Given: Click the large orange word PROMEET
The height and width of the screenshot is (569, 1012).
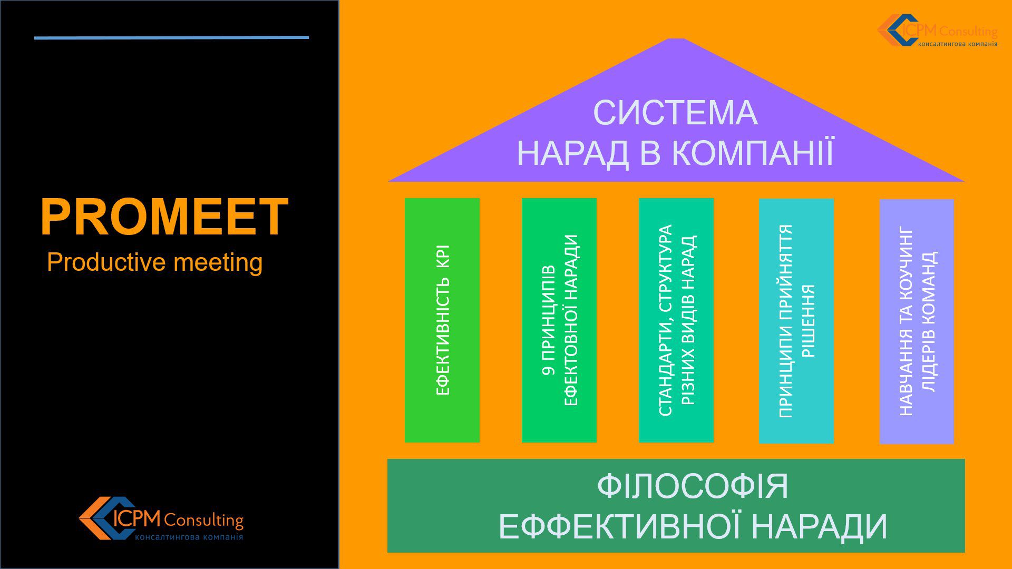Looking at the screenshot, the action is pyautogui.click(x=164, y=217).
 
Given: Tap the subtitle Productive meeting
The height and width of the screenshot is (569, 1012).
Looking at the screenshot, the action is pyautogui.click(x=154, y=262).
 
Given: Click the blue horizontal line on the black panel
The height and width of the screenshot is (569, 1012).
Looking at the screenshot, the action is pyautogui.click(x=171, y=37).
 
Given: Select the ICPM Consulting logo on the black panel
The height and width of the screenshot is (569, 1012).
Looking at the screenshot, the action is pyautogui.click(x=161, y=519).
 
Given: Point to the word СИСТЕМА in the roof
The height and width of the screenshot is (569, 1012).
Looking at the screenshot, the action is pyautogui.click(x=675, y=113).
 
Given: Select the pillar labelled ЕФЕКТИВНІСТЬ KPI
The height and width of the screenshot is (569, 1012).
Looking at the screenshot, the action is pyautogui.click(x=442, y=320).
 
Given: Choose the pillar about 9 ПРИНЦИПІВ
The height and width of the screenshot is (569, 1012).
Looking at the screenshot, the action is pyautogui.click(x=559, y=320).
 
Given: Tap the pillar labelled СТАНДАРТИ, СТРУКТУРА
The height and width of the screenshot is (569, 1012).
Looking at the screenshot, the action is pyautogui.click(x=676, y=320).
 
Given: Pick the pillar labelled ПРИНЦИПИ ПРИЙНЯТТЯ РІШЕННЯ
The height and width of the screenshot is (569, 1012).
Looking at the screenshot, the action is pyautogui.click(x=796, y=321).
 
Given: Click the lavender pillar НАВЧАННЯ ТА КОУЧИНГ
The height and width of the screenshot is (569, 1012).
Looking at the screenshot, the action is pyautogui.click(x=917, y=321).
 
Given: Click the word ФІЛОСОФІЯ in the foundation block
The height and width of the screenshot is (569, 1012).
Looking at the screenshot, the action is pyautogui.click(x=693, y=486).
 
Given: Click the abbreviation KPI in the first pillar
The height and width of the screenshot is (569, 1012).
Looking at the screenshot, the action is pyautogui.click(x=443, y=256).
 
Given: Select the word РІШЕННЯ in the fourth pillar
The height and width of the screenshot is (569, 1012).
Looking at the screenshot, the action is pyautogui.click(x=808, y=321).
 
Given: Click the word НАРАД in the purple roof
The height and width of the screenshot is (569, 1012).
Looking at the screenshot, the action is pyautogui.click(x=573, y=153).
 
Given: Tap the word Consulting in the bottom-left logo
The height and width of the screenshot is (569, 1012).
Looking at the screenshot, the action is pyautogui.click(x=203, y=521).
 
